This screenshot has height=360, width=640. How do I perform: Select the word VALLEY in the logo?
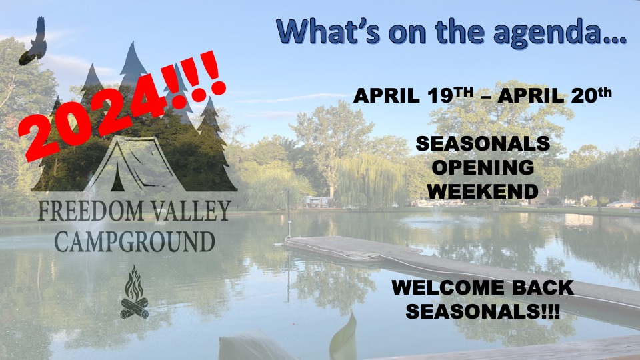click(191, 210)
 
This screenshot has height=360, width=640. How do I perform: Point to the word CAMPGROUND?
click(135, 241)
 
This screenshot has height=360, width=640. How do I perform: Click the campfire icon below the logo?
click(134, 292)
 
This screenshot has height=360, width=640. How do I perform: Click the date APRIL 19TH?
click(413, 95)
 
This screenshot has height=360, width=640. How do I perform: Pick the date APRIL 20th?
click(554, 95)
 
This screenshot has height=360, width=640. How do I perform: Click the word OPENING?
click(483, 167)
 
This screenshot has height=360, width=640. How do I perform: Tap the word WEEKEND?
click(483, 191)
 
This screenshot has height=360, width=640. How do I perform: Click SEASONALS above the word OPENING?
click(483, 143)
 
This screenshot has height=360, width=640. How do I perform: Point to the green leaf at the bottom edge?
click(344, 337)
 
